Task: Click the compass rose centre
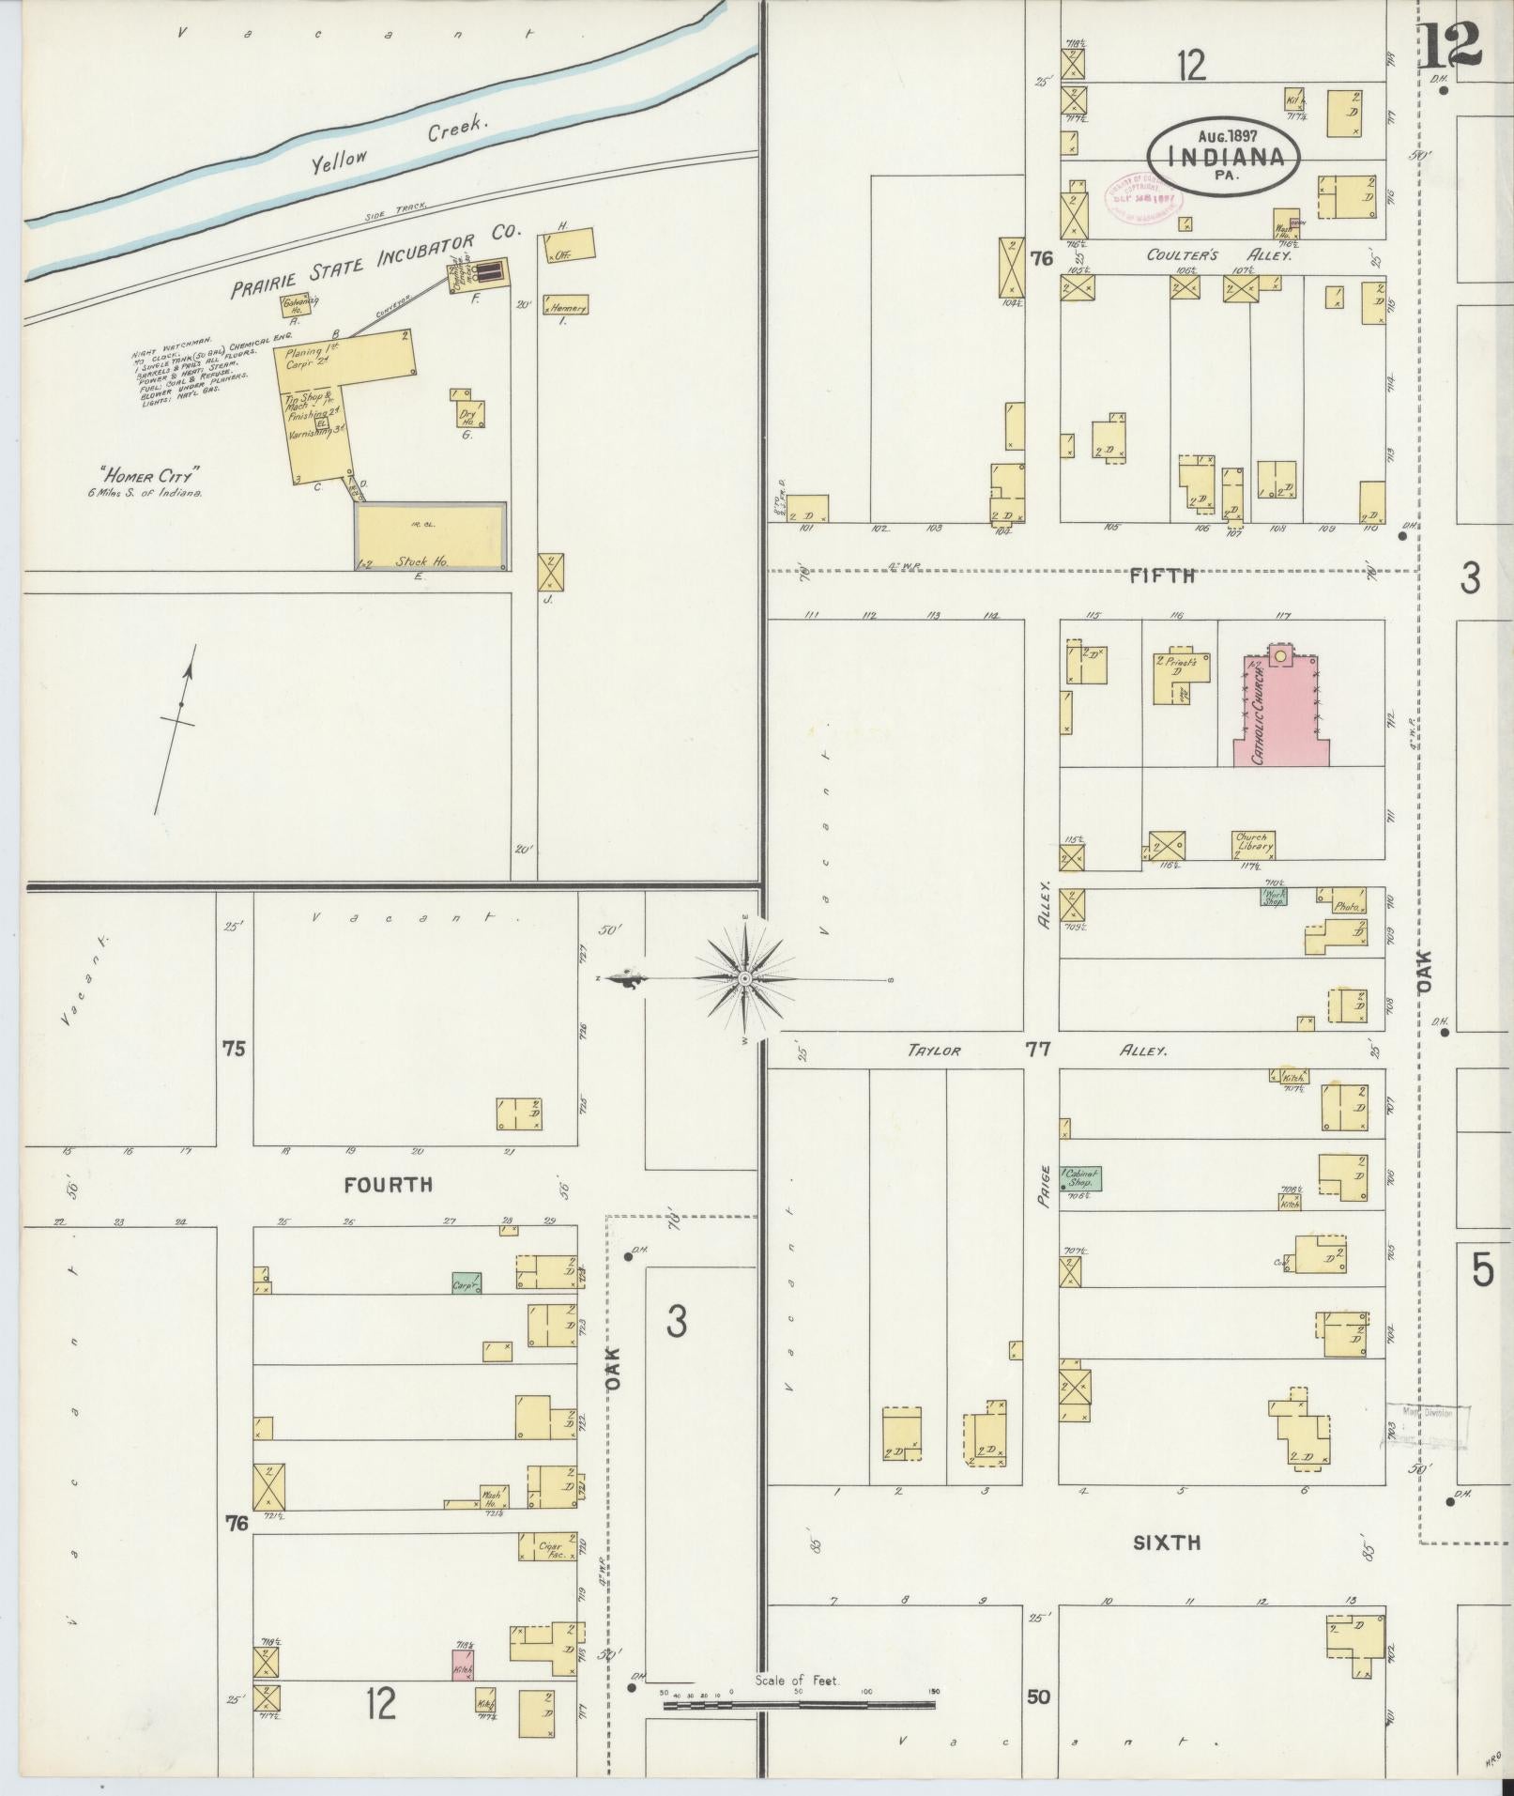click(x=743, y=979)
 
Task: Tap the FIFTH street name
click(x=1162, y=576)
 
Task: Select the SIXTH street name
click(x=1167, y=1542)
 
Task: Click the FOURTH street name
click(x=388, y=1185)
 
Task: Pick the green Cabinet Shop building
click(x=1080, y=1179)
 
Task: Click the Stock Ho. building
click(x=431, y=537)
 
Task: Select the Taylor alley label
click(x=934, y=1051)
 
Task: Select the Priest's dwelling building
click(x=1176, y=676)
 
